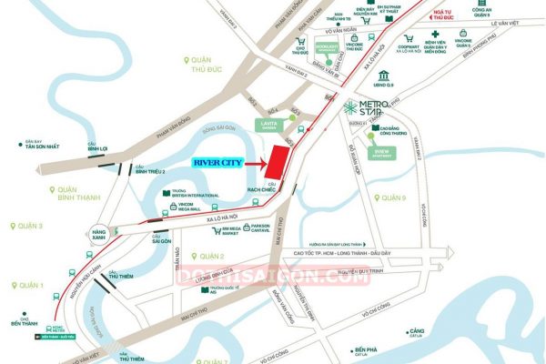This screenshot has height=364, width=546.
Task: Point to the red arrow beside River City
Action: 245,163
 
